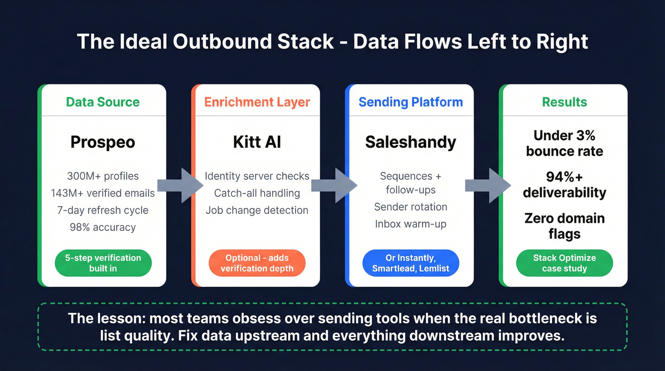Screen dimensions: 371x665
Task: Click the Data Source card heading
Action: click(x=103, y=102)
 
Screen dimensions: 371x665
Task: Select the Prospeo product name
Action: click(x=103, y=142)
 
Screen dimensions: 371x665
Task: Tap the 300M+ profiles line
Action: click(x=103, y=176)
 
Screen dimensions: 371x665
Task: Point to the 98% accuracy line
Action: click(x=103, y=227)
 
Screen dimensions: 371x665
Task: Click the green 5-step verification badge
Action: click(x=103, y=263)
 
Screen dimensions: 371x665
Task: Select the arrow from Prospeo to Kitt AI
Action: click(x=179, y=185)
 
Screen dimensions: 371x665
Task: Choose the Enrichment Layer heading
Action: click(x=257, y=102)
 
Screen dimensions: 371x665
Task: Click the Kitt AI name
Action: click(x=257, y=142)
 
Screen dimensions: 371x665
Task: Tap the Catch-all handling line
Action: click(x=257, y=193)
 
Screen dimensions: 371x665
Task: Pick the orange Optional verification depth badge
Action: click(x=257, y=263)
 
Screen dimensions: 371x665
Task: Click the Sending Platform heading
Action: click(x=410, y=102)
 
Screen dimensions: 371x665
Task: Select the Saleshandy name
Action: click(x=410, y=142)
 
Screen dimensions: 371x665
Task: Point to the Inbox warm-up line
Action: click(x=410, y=224)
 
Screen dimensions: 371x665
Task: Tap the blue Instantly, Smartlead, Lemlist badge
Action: click(x=410, y=263)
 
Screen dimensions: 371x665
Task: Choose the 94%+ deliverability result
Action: click(x=564, y=185)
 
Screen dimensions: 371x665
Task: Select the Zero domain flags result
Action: click(x=564, y=226)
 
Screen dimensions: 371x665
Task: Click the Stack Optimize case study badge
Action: click(x=564, y=263)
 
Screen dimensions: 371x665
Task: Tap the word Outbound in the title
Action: click(x=253, y=42)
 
